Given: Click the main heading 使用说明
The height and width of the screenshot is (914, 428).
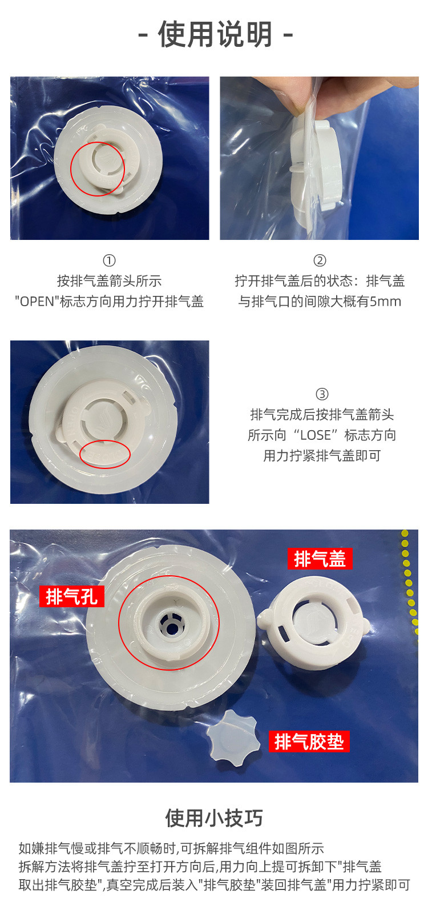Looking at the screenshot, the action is [215, 34].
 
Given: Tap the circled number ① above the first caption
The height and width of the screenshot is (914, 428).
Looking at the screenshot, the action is [109, 260].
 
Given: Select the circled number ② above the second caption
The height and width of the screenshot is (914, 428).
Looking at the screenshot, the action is [320, 260].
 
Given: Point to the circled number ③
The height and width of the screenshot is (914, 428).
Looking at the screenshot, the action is [322, 394].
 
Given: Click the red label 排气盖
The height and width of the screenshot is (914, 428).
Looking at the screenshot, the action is [320, 559].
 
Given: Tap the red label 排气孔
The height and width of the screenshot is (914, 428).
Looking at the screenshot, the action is [72, 596].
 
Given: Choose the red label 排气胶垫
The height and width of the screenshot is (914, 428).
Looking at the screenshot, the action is [309, 741].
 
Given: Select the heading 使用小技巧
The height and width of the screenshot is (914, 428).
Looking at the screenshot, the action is [214, 817].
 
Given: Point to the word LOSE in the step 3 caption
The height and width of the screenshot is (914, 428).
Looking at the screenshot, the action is [316, 435].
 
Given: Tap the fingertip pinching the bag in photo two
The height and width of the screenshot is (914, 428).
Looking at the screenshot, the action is [285, 93].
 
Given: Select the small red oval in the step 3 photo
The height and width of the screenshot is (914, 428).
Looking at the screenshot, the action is [105, 454].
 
